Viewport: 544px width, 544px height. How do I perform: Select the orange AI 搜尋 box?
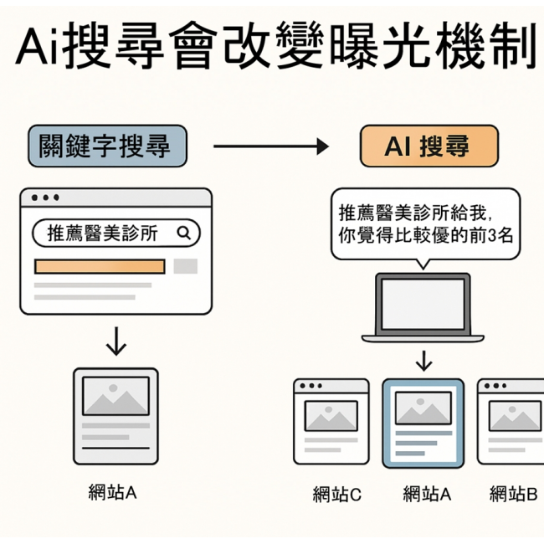click(x=429, y=147)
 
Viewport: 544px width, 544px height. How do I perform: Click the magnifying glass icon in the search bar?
click(x=184, y=234)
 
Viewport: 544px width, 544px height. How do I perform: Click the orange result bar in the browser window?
click(x=100, y=266)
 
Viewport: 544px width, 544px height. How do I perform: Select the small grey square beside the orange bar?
click(x=185, y=266)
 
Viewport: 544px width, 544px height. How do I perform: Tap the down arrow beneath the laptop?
click(x=424, y=361)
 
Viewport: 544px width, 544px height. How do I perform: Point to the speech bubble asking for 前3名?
click(x=426, y=223)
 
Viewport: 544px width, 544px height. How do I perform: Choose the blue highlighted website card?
click(x=423, y=423)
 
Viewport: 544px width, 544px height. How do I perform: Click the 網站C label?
click(x=336, y=495)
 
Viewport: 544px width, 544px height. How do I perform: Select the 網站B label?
click(x=512, y=495)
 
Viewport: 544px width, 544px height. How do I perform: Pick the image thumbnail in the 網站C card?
click(x=331, y=415)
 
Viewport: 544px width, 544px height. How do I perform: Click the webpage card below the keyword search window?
click(x=115, y=416)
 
